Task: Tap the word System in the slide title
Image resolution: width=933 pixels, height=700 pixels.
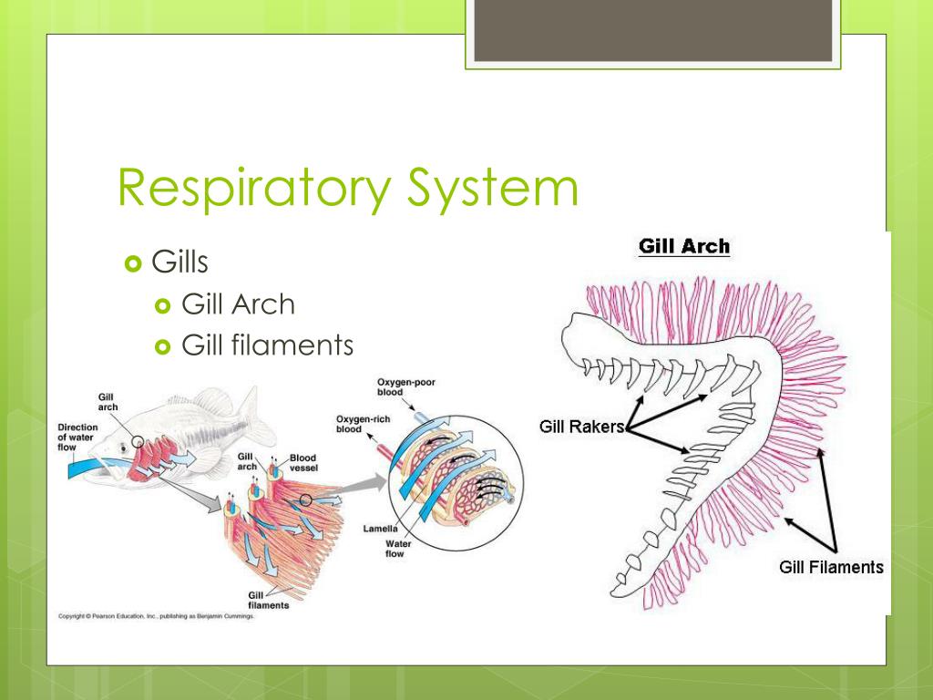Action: click(491, 190)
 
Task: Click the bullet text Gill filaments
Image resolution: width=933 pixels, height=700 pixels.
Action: click(267, 345)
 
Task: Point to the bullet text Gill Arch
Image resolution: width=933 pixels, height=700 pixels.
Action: click(239, 304)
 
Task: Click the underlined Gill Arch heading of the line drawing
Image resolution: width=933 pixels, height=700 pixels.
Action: click(684, 246)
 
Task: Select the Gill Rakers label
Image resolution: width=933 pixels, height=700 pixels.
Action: click(581, 427)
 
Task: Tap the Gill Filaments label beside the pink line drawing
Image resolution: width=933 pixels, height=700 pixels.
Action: click(831, 567)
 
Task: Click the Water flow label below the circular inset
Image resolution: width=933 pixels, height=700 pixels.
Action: click(395, 549)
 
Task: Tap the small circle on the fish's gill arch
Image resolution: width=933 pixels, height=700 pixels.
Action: click(136, 442)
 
